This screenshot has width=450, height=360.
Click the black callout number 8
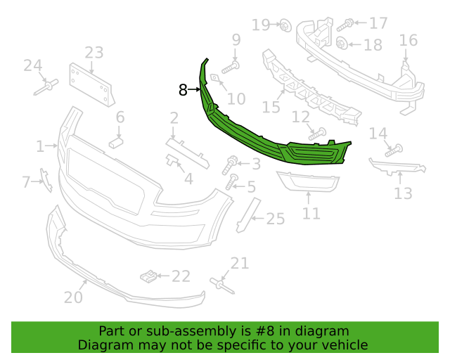(183, 90)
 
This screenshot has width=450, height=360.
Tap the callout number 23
(94, 53)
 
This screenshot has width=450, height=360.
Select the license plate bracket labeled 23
(92, 85)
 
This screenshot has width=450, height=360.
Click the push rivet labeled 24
(46, 87)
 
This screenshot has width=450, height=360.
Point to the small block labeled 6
(116, 143)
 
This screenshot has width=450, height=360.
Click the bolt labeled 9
(231, 67)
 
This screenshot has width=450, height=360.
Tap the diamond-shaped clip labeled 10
(215, 78)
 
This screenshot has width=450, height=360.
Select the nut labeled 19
(285, 25)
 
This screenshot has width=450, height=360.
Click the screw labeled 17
(345, 25)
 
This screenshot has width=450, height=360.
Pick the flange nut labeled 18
(342, 44)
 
